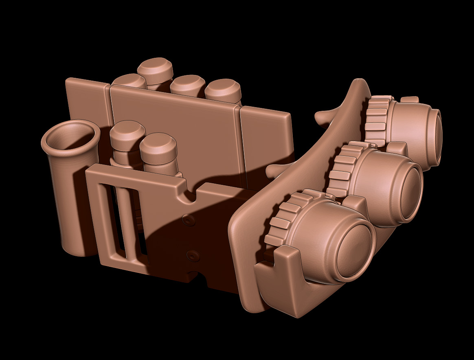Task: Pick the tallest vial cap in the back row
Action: (155, 67)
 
